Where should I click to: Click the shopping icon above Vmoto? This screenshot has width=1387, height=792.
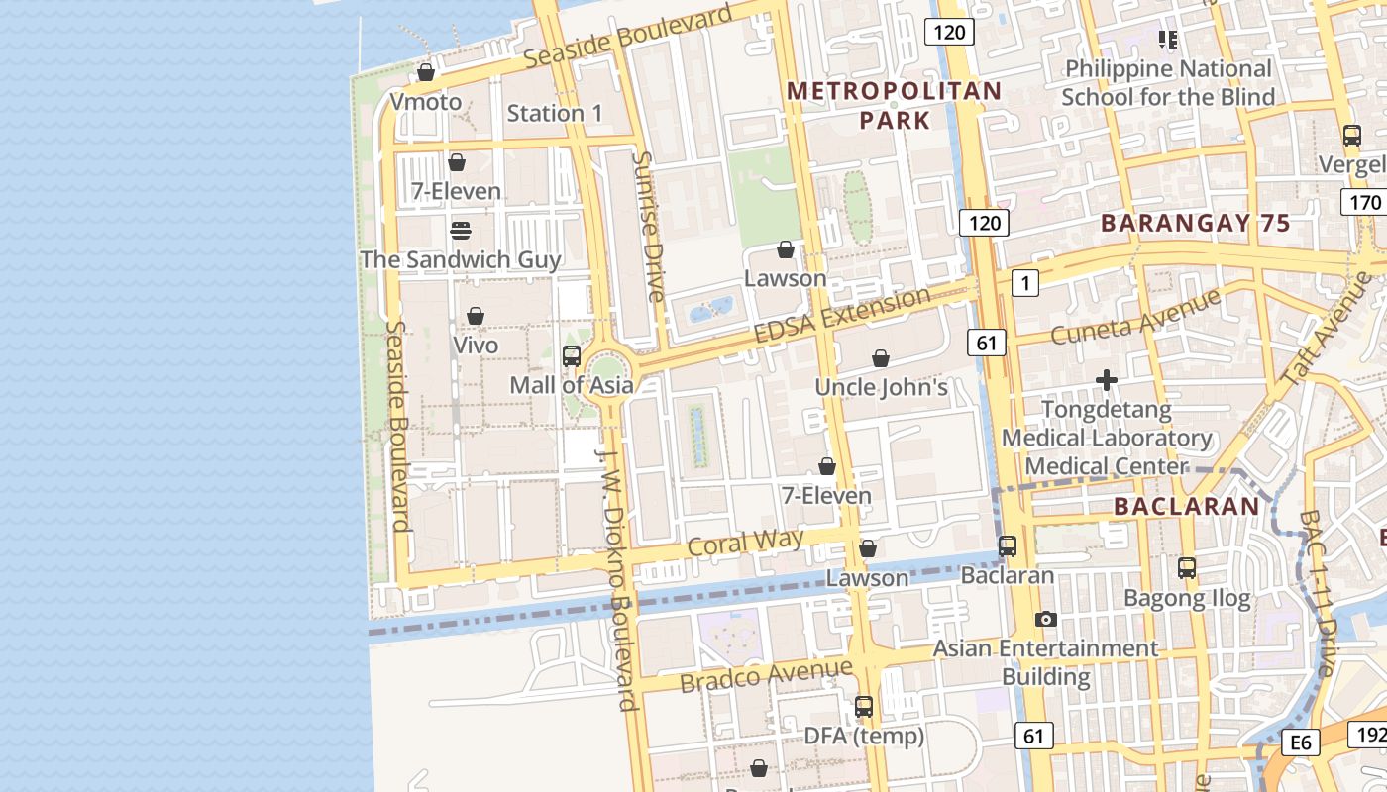(426, 72)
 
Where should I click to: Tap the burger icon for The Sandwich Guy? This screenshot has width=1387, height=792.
(461, 231)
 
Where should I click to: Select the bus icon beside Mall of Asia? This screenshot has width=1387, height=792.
(572, 356)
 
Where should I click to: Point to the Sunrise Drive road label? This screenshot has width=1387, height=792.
(649, 226)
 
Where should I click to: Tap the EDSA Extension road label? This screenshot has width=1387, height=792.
(842, 315)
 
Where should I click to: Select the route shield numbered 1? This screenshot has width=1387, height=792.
(1025, 284)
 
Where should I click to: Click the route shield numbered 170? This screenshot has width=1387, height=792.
(1364, 203)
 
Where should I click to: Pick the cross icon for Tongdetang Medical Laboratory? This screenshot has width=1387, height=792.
(1107, 380)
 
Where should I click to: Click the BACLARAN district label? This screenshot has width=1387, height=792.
(1186, 507)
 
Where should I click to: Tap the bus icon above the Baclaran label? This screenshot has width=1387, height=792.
(1008, 545)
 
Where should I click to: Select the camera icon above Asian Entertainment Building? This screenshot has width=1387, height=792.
(1045, 620)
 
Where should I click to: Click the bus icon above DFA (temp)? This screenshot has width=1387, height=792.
(864, 707)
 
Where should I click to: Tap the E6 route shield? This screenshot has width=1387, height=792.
(1300, 742)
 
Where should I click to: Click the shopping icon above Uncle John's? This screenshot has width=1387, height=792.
(881, 358)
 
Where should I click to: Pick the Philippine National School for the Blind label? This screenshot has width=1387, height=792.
(1168, 83)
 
